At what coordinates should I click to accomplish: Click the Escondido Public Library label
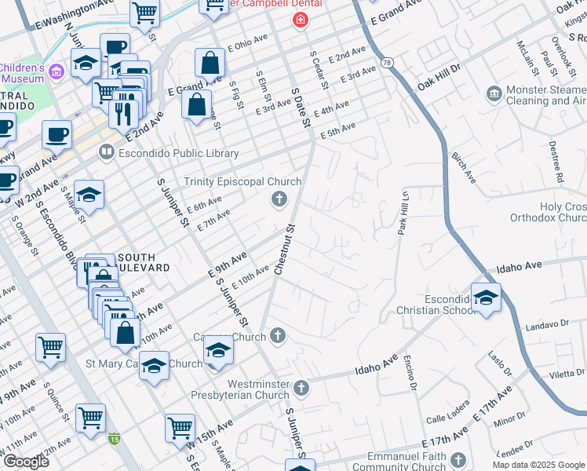tap(180, 154)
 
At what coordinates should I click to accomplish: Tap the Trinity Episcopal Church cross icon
tap(278, 200)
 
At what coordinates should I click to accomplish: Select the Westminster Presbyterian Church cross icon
tap(301, 388)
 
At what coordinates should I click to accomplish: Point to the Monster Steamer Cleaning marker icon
tap(494, 95)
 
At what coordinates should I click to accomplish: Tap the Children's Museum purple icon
tap(56, 72)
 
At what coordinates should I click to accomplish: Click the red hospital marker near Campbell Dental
tap(299, 20)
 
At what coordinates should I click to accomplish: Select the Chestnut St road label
tap(283, 250)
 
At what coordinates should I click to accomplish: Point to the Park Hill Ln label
tap(403, 213)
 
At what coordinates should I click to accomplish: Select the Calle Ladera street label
tap(447, 418)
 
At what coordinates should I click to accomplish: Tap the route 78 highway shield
tap(386, 61)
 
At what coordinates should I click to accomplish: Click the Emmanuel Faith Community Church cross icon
tap(458, 459)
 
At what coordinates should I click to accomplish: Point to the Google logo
tap(26, 462)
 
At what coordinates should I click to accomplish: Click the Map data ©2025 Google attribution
tap(537, 465)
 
